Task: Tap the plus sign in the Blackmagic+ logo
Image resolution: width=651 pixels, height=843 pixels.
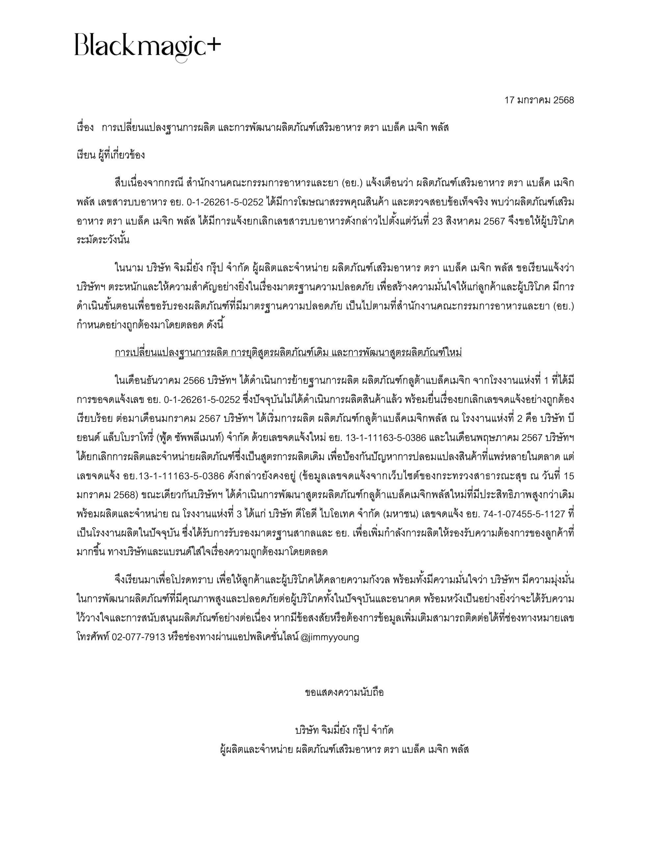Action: (213, 45)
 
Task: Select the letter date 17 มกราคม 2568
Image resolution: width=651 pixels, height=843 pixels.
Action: (539, 100)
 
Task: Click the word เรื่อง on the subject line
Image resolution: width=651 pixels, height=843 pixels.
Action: (85, 128)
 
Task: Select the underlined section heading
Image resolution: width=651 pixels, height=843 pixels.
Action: (288, 353)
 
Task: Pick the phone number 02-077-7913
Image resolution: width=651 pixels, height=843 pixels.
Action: (139, 637)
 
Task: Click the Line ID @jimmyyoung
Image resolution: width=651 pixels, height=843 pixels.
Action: (329, 637)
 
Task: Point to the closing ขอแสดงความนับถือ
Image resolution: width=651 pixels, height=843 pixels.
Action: (344, 692)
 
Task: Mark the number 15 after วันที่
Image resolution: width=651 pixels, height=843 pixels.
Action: (569, 476)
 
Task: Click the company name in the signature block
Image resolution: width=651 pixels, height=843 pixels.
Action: (344, 730)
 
